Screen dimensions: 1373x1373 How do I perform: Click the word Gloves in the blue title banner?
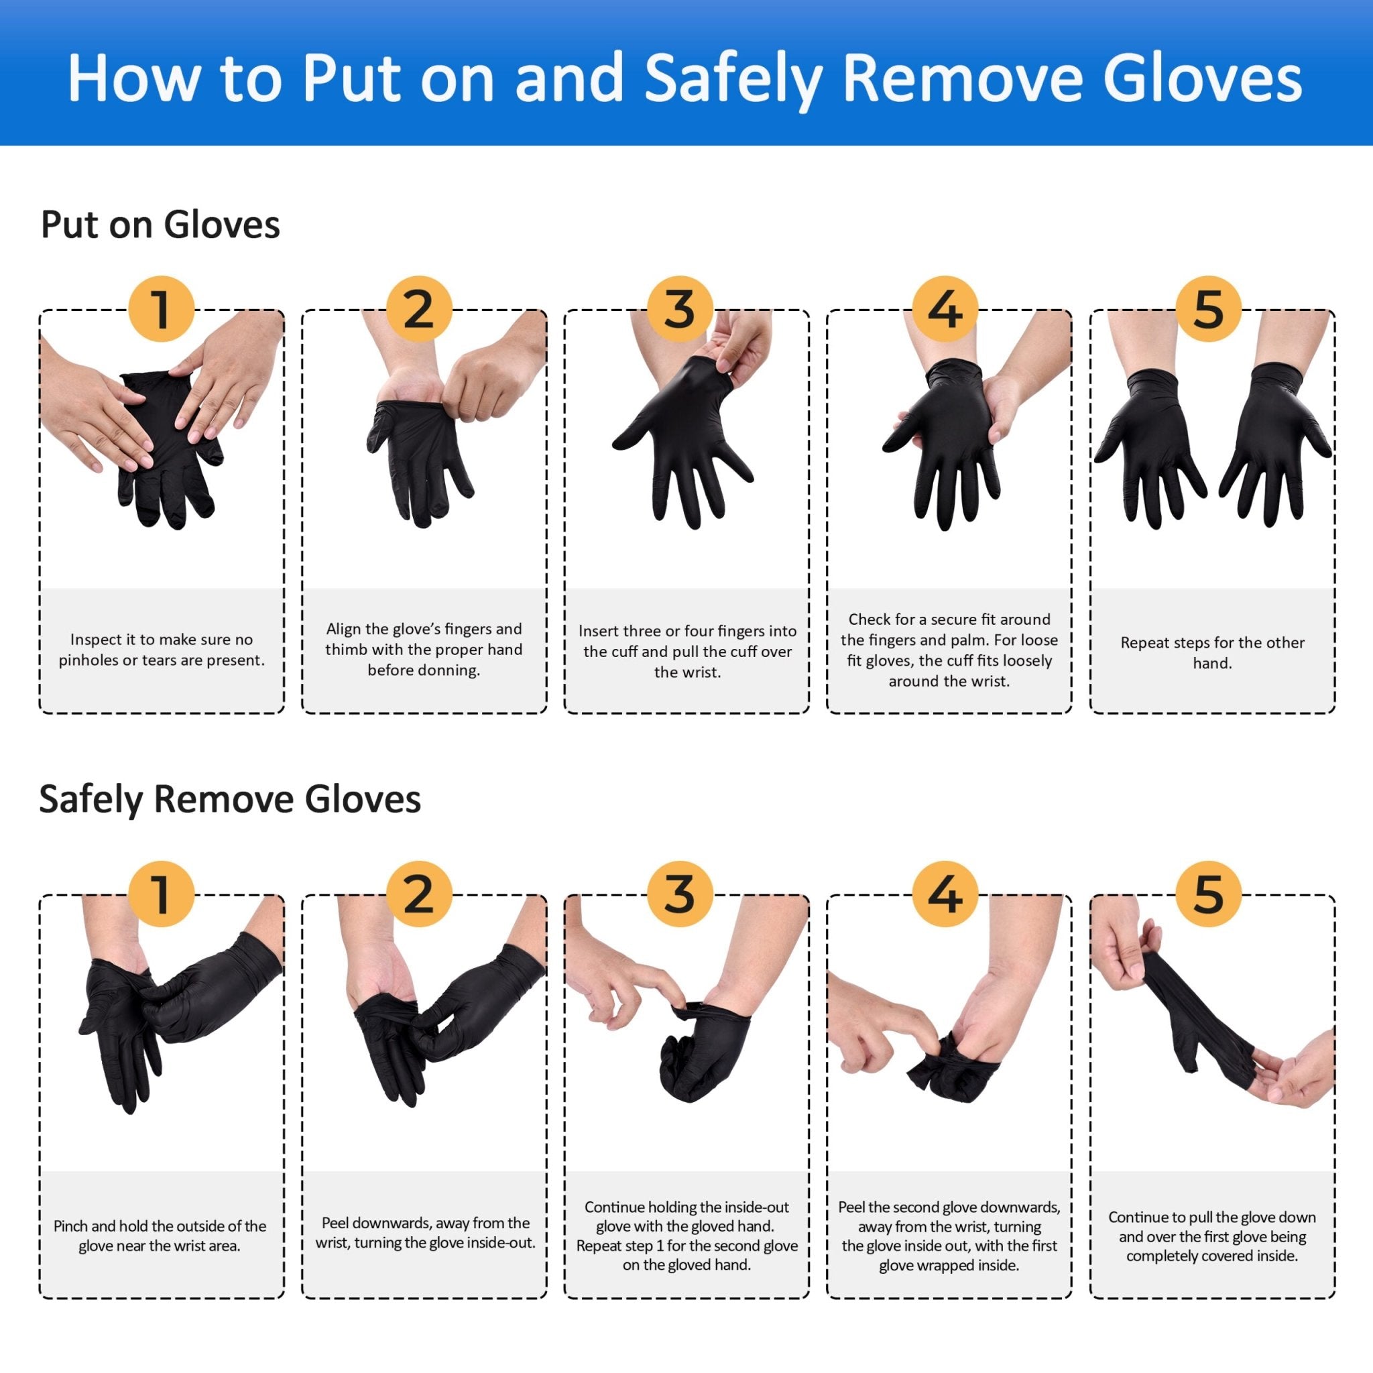tap(1203, 80)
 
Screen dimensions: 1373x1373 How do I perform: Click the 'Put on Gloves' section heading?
tap(160, 225)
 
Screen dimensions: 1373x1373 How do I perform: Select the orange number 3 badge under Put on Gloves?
tap(680, 309)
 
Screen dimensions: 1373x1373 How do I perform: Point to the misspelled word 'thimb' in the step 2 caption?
tap(343, 650)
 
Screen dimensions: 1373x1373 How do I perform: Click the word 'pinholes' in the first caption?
tap(88, 660)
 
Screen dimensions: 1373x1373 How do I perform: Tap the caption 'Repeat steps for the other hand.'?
tap(1211, 652)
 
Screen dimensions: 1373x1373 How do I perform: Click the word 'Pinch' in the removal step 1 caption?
tap(70, 1226)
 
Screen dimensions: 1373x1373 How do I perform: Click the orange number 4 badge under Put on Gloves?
tap(945, 309)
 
